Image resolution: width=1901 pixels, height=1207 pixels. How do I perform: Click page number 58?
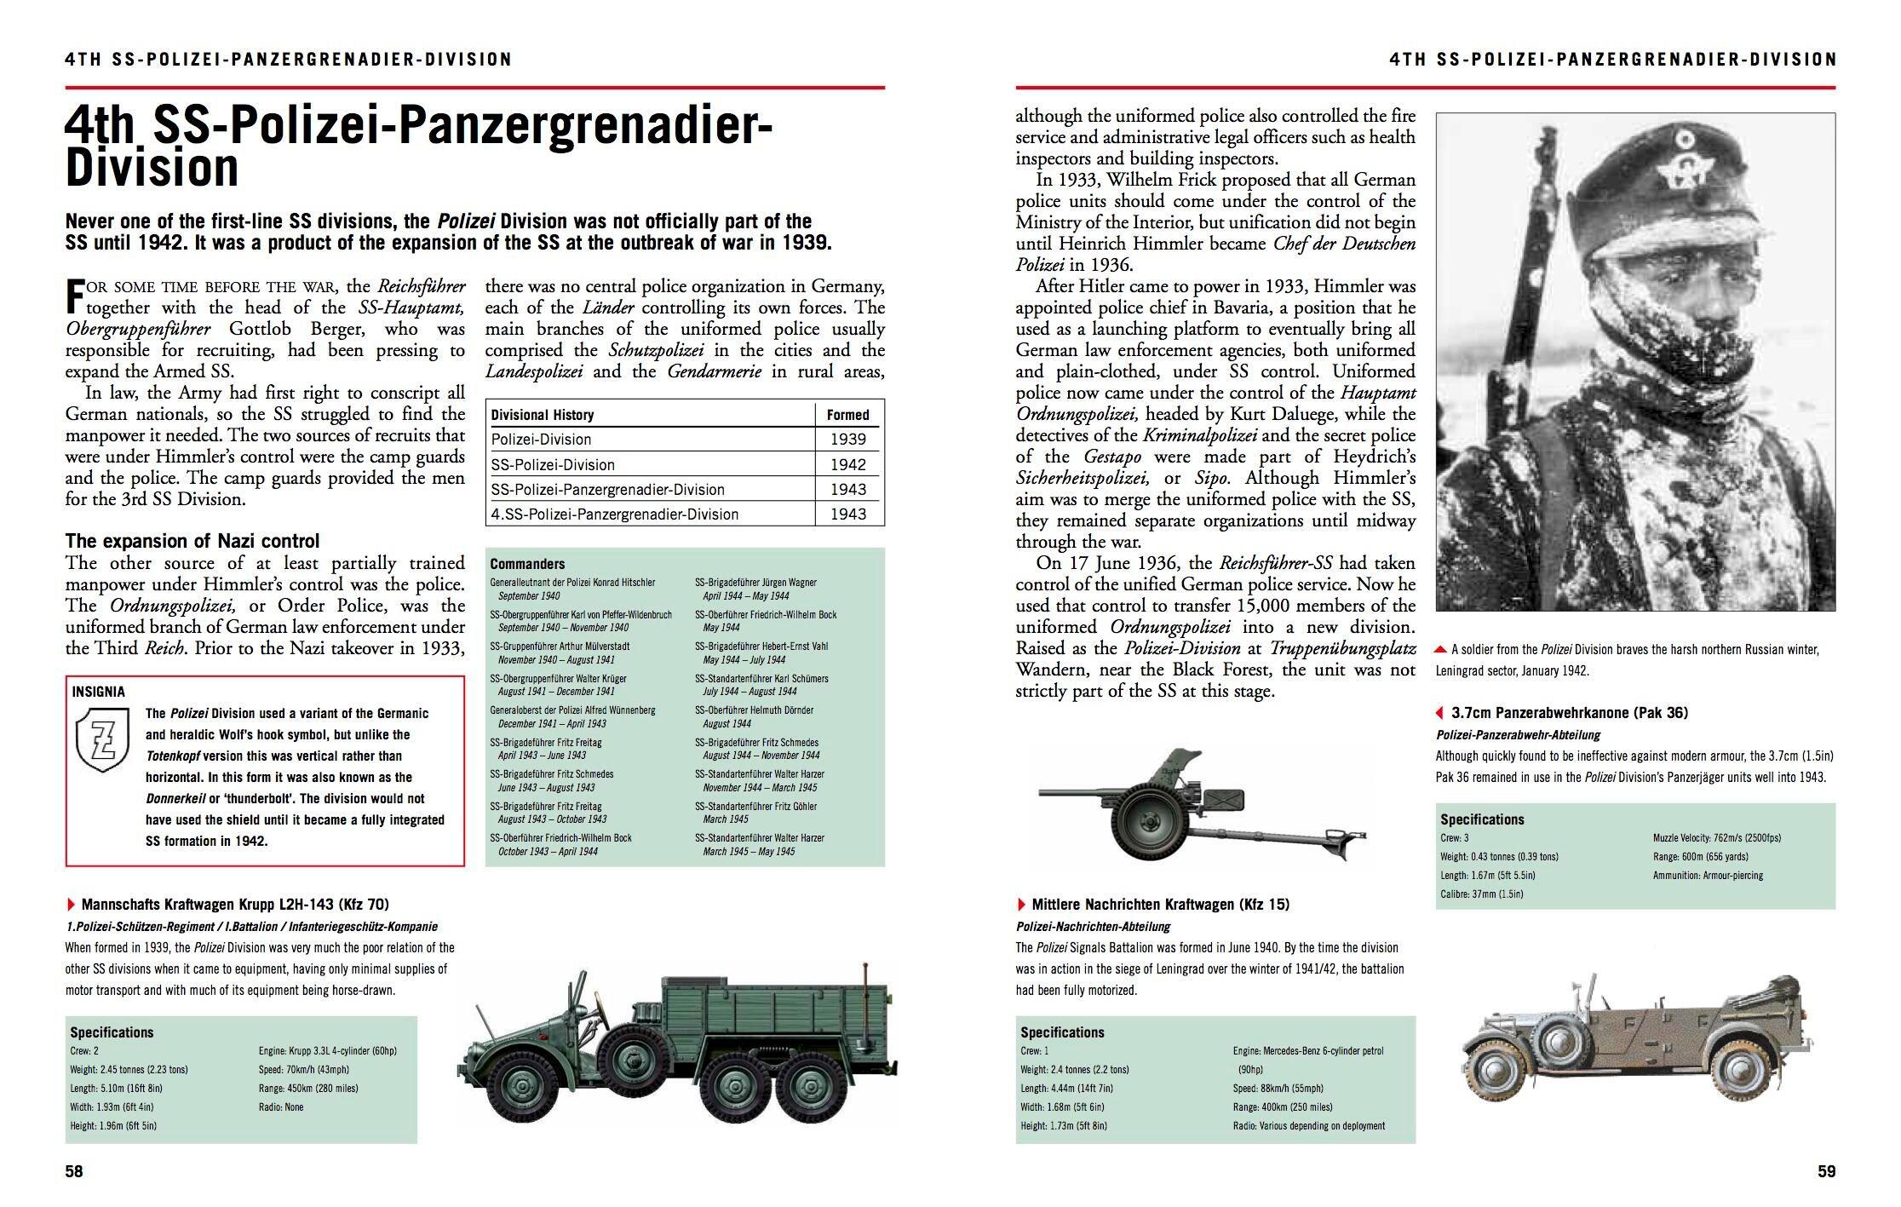point(74,1171)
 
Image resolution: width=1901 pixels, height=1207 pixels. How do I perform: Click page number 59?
point(1826,1171)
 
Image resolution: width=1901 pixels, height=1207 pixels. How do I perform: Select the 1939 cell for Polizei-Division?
point(847,440)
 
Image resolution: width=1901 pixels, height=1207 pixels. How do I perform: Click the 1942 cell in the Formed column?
point(847,464)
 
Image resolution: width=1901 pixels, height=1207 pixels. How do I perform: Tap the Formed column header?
point(847,415)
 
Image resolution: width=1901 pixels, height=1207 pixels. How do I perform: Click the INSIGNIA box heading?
point(99,692)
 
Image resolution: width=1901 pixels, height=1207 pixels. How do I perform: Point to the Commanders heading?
point(527,564)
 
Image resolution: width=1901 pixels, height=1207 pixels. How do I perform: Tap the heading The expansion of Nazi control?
point(192,541)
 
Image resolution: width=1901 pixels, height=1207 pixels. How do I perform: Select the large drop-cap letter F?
point(74,296)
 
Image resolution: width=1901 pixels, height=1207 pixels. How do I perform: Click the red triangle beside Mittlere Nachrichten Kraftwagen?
point(1022,905)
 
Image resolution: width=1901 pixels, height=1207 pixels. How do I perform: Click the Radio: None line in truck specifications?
point(281,1107)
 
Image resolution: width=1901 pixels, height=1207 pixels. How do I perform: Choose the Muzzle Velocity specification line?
point(1716,838)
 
